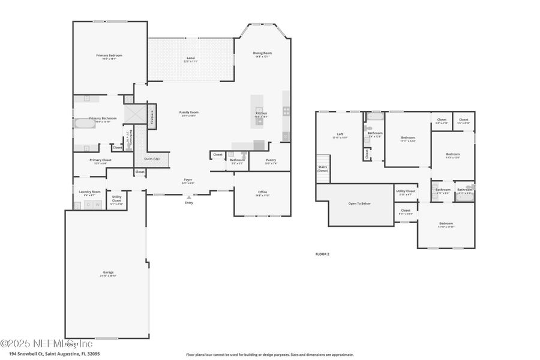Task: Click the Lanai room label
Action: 190,58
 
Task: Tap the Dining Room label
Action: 262,53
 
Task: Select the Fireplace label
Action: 152,116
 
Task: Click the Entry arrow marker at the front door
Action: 190,197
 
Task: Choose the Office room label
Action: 263,192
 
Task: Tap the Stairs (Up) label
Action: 152,159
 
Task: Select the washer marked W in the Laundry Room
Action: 97,205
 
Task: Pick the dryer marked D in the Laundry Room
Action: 88,205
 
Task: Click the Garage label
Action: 108,272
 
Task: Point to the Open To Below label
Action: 359,203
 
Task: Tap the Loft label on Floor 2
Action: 340,134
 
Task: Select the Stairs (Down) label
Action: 323,169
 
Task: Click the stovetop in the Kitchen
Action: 286,111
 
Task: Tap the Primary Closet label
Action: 100,160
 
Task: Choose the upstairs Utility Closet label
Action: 406,193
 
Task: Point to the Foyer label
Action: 188,179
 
